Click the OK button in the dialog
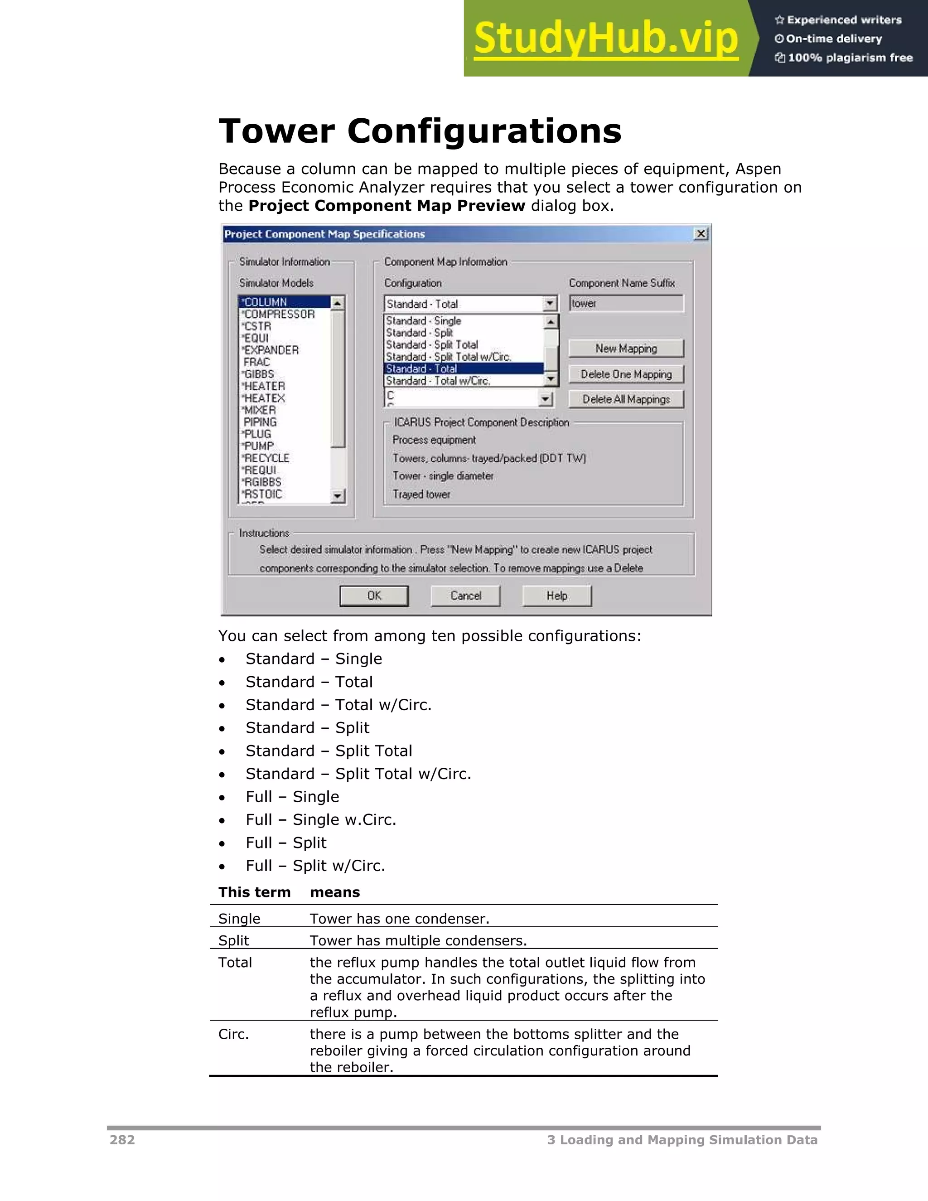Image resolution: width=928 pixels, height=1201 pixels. [374, 596]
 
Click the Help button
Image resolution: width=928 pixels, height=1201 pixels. [556, 596]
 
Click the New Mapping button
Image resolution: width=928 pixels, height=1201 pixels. [626, 349]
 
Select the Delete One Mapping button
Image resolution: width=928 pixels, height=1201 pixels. [626, 374]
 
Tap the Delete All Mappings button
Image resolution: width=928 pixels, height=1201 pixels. [626, 399]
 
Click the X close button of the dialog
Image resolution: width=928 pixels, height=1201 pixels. [701, 234]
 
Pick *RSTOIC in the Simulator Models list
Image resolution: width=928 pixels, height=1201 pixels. [263, 494]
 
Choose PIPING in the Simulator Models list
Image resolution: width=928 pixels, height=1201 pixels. [260, 422]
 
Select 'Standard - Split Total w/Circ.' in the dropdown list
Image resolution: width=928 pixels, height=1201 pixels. [448, 357]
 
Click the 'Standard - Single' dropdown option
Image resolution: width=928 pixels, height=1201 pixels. [423, 320]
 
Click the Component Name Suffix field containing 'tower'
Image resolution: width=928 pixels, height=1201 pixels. [626, 304]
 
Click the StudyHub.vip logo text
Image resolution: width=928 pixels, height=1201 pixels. [606, 39]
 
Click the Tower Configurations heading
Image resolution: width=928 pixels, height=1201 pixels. [420, 131]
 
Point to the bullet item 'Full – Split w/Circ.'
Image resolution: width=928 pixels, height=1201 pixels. [315, 866]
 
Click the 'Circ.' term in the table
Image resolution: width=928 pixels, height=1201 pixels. [234, 1034]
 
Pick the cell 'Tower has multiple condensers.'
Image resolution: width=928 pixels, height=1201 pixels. [418, 940]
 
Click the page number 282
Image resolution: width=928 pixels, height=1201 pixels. [122, 1140]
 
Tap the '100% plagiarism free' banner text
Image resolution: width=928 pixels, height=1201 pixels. [850, 58]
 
